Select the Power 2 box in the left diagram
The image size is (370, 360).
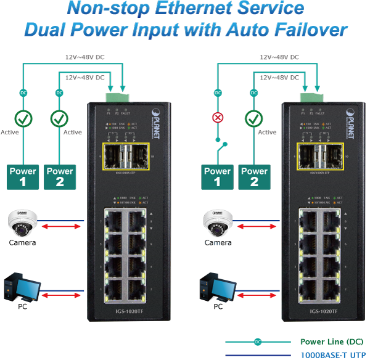click(x=60, y=176)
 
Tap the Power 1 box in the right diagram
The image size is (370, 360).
click(x=218, y=176)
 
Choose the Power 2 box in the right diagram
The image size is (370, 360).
click(x=254, y=176)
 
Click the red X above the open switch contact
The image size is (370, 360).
click(x=218, y=118)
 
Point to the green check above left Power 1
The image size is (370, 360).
click(x=23, y=118)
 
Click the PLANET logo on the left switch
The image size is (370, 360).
click(x=156, y=117)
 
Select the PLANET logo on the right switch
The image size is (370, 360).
click(x=351, y=117)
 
